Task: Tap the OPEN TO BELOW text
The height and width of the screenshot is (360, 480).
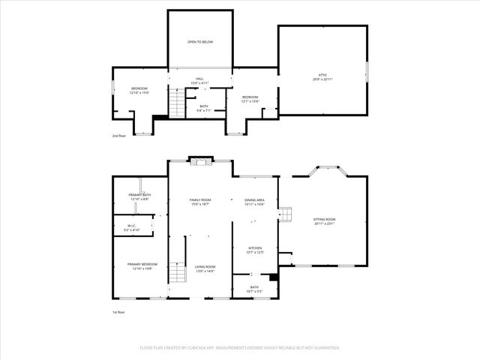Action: click(200, 42)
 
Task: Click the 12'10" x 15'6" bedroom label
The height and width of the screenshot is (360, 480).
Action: click(139, 91)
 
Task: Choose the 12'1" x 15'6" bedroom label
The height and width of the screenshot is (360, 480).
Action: click(250, 99)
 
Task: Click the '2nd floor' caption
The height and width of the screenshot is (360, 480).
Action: click(119, 136)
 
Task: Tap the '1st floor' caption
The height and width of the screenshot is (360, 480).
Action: click(119, 311)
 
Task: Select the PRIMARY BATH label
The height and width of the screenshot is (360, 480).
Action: click(139, 197)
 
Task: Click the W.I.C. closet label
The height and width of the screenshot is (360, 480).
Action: click(130, 228)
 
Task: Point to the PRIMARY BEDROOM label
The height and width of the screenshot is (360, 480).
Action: click(142, 266)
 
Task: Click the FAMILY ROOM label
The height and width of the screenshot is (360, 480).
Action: click(200, 202)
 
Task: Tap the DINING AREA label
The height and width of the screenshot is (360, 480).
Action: click(254, 202)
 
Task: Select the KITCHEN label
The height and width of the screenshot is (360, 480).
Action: click(254, 250)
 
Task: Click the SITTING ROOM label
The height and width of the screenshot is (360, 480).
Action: click(324, 221)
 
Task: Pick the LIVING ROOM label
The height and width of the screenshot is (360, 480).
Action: click(205, 268)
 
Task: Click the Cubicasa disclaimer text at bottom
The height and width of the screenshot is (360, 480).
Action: click(240, 348)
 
